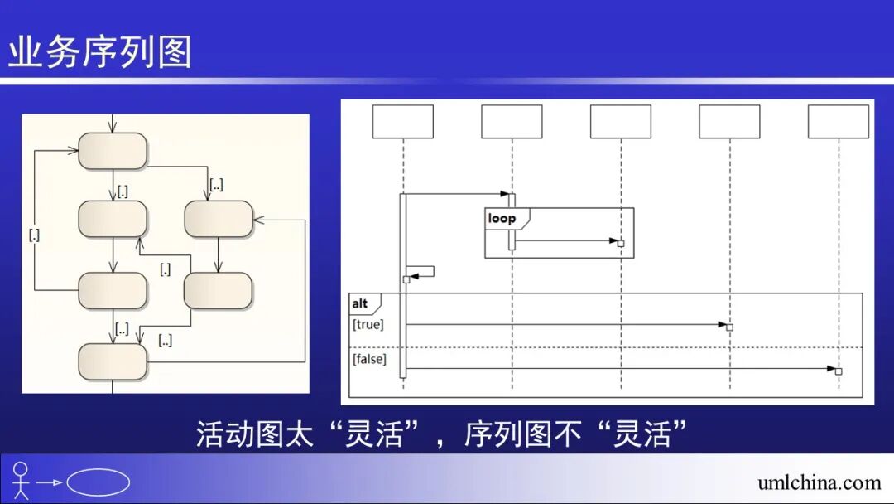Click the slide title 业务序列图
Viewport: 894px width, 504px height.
coord(100,52)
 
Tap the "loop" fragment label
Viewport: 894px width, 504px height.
coord(502,219)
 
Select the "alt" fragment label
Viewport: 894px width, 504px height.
coord(360,304)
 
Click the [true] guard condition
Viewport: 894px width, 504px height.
coord(368,325)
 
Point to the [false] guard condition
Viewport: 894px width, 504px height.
coord(369,359)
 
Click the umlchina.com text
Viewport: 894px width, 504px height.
coord(819,482)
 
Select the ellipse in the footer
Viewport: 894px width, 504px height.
coord(99,482)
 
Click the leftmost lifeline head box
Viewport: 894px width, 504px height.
coord(403,122)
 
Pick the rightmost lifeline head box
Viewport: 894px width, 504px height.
coord(839,122)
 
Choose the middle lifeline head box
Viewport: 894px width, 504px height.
coord(621,122)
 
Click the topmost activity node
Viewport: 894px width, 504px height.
coord(113,151)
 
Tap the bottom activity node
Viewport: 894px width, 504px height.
coord(113,361)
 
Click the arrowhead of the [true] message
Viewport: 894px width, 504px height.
coord(722,324)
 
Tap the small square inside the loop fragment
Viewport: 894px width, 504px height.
coord(621,243)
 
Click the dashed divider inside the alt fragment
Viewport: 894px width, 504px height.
coord(604,347)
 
